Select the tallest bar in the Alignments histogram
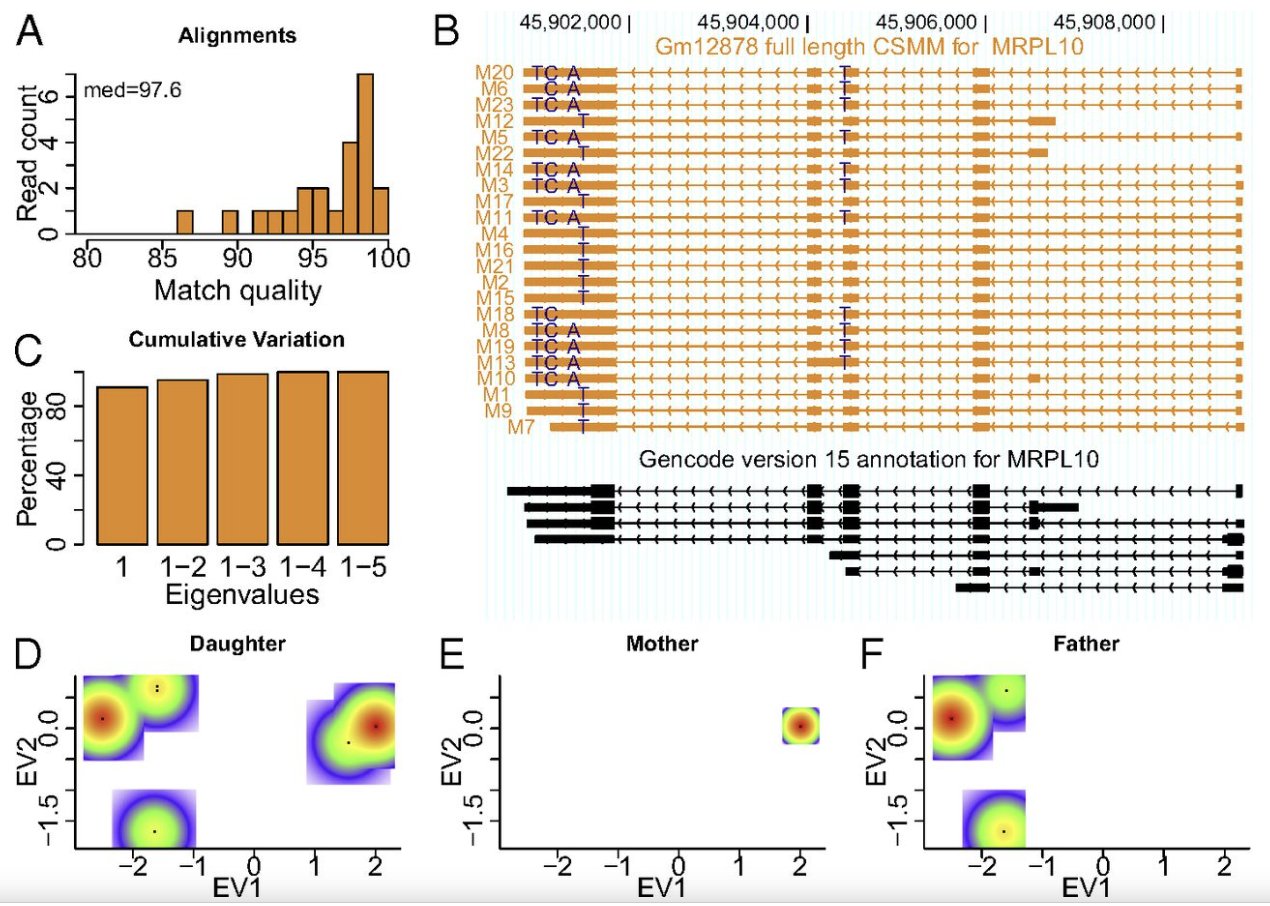pyautogui.click(x=365, y=154)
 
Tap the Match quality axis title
pyautogui.click(x=237, y=292)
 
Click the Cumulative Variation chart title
pyautogui.click(x=237, y=340)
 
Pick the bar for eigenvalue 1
pyautogui.click(x=122, y=465)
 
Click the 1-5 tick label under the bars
pyautogui.click(x=363, y=569)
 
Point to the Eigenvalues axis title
pyautogui.click(x=243, y=596)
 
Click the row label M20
pyautogui.click(x=495, y=72)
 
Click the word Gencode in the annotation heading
pyautogui.click(x=673, y=461)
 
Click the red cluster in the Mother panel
pyautogui.click(x=800, y=725)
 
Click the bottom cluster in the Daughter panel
pyautogui.click(x=155, y=830)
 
